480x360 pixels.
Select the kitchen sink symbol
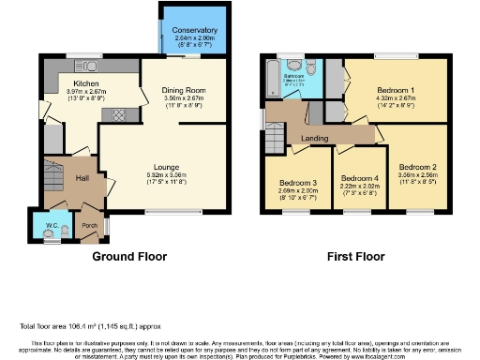tap(90, 67)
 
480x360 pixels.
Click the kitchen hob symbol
tap(120, 114)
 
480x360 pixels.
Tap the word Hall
tap(82, 178)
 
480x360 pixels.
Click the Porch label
tap(89, 226)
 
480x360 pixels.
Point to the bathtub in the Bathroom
tap(273, 79)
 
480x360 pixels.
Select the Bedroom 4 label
tap(359, 178)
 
